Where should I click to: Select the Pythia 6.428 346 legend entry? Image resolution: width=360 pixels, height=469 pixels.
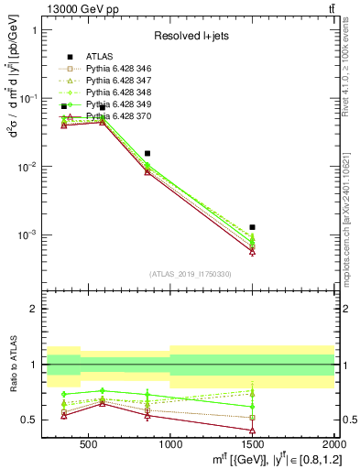(x=112, y=69)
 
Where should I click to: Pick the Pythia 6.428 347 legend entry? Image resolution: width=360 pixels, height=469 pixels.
(x=112, y=81)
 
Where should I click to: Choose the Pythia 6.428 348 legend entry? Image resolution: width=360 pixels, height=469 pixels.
(x=112, y=93)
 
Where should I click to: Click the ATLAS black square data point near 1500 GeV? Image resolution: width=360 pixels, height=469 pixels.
(x=252, y=226)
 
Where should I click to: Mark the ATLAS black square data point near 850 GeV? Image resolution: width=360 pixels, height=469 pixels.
(x=147, y=153)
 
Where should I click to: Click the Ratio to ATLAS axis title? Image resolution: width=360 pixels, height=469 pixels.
(x=12, y=364)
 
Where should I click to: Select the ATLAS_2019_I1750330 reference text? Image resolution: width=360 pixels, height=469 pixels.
(x=191, y=274)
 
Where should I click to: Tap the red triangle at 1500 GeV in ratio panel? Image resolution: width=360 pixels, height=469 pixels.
(x=252, y=430)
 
